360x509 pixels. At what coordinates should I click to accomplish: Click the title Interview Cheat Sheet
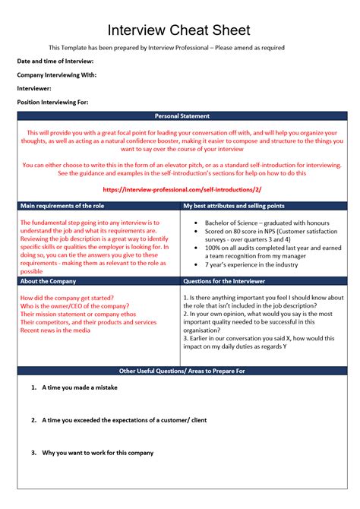pyautogui.click(x=181, y=30)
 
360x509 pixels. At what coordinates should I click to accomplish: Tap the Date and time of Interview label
pyautogui.click(x=55, y=61)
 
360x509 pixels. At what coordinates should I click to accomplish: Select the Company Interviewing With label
pyautogui.click(x=56, y=74)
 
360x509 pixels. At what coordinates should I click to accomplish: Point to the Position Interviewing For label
pyautogui.click(x=52, y=102)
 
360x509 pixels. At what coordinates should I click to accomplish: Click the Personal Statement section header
pyautogui.click(x=182, y=116)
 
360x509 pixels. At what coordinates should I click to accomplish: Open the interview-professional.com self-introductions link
pyautogui.click(x=181, y=190)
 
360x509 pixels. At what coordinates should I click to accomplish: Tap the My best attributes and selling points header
pyautogui.click(x=234, y=206)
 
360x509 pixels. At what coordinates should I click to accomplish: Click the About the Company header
pyautogui.click(x=51, y=281)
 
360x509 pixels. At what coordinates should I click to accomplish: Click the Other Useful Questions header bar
pyautogui.click(x=182, y=371)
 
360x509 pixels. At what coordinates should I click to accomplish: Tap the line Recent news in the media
pyautogui.click(x=55, y=330)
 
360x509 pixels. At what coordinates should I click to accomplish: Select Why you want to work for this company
pyautogui.click(x=98, y=452)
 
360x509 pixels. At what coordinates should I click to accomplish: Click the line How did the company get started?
pyautogui.click(x=67, y=297)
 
